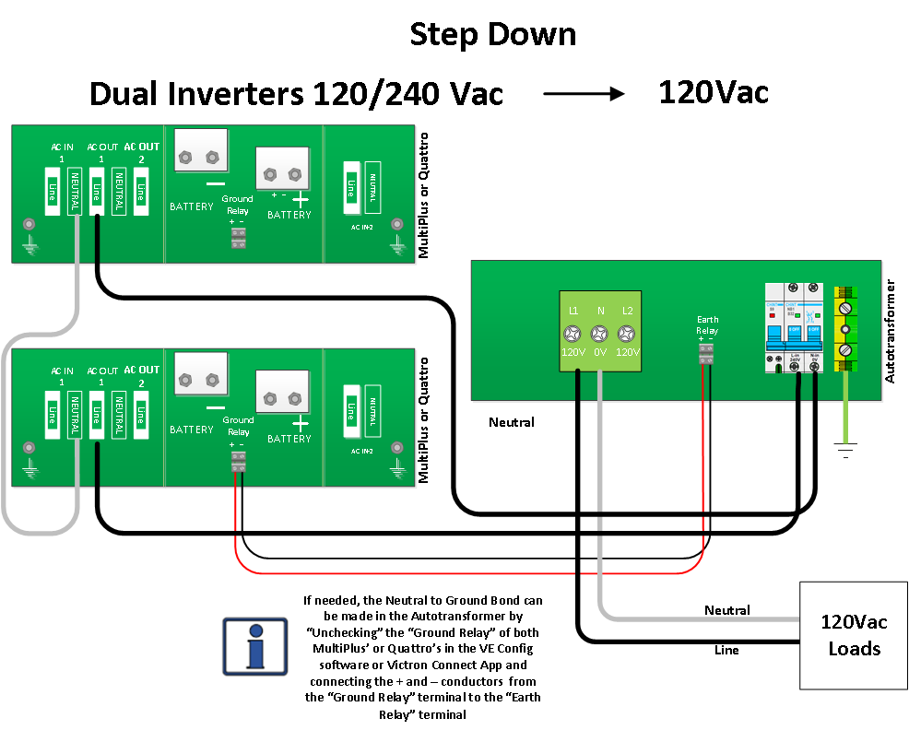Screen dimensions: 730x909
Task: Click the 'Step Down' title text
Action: pyautogui.click(x=492, y=35)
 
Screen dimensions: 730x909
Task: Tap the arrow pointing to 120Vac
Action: pyautogui.click(x=584, y=93)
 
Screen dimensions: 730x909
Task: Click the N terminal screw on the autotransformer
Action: pyautogui.click(x=599, y=334)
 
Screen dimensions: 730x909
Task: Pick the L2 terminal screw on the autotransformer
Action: pyautogui.click(x=627, y=334)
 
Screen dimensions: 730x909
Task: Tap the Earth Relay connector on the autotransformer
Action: pyautogui.click(x=706, y=355)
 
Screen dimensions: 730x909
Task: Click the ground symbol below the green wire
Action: pyautogui.click(x=845, y=449)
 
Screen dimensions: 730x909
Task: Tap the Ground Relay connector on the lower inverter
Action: pyautogui.click(x=238, y=461)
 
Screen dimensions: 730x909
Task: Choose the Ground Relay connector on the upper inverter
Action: pyautogui.click(x=238, y=238)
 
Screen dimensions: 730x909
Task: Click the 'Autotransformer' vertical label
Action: pyautogui.click(x=890, y=332)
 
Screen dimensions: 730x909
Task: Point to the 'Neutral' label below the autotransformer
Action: pyautogui.click(x=512, y=423)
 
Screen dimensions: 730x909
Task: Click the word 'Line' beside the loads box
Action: pyautogui.click(x=726, y=650)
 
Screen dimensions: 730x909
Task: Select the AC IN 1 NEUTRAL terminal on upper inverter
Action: pyautogui.click(x=75, y=191)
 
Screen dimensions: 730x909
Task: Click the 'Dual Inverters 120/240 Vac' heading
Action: pyautogui.click(x=296, y=94)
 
